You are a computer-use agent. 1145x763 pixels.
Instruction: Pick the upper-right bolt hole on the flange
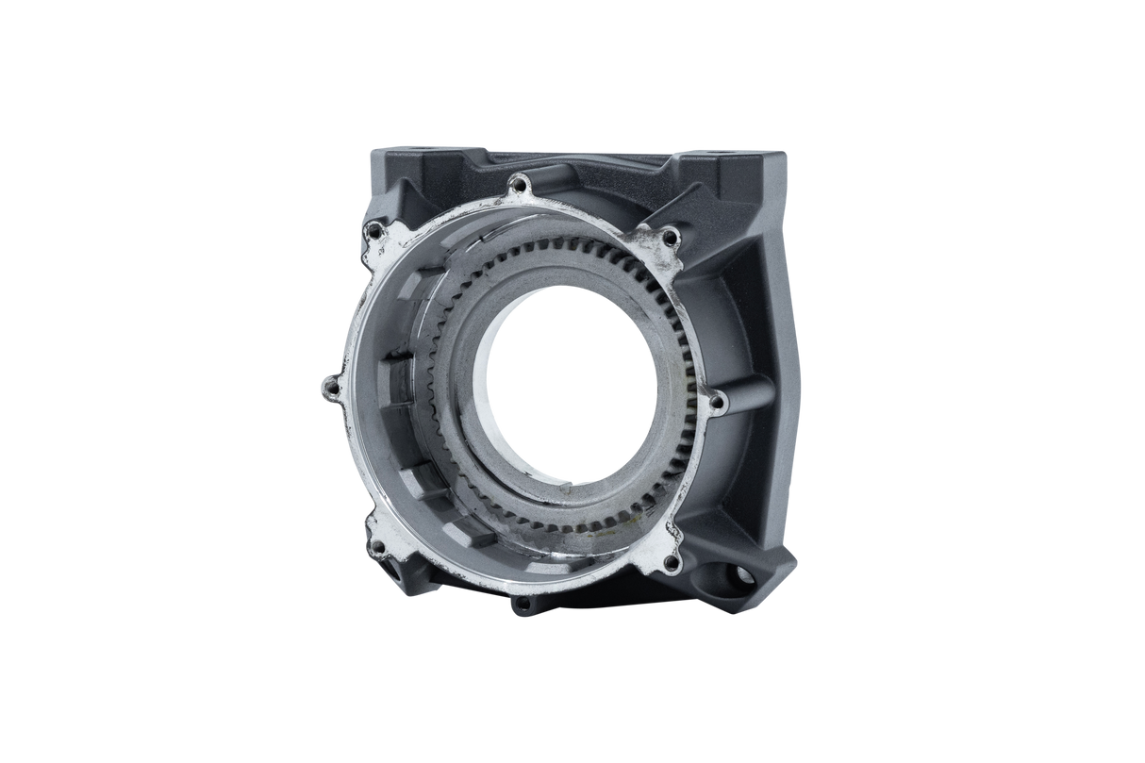(671, 236)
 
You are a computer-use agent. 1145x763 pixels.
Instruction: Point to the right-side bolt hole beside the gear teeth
(715, 403)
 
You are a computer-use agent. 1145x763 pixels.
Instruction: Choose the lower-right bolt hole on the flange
(669, 564)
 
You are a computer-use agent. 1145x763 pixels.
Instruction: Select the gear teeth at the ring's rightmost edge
(699, 377)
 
